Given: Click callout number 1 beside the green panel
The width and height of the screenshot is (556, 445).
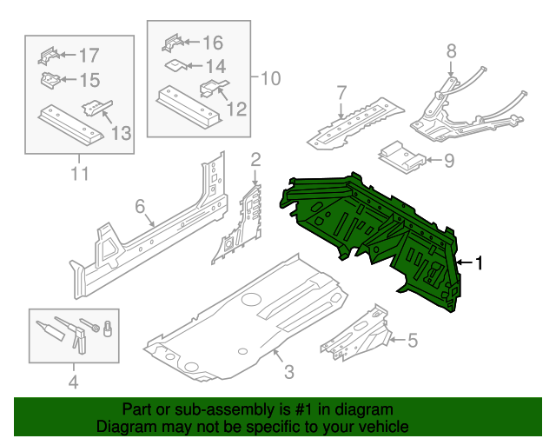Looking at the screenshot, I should (476, 263).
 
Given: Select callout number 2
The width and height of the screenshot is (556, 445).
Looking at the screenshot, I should (255, 159).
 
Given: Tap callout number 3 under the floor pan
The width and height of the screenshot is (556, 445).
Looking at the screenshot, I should (288, 372).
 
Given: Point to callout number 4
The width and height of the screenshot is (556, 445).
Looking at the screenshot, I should (73, 382).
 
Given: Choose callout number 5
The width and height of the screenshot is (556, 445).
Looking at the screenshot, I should (412, 340).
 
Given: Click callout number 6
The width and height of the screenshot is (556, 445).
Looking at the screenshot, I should (139, 206).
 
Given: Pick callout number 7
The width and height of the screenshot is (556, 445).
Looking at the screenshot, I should (341, 91).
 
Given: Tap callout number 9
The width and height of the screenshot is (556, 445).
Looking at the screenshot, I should (448, 160).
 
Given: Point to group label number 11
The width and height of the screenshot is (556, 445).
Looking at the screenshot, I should (80, 174).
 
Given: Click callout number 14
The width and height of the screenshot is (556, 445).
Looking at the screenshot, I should (214, 65).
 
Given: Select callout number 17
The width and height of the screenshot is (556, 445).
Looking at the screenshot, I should (89, 56).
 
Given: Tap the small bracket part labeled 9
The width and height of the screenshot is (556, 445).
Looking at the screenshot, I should (401, 156).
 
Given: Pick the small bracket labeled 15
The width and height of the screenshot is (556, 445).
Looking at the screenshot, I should (51, 80).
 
